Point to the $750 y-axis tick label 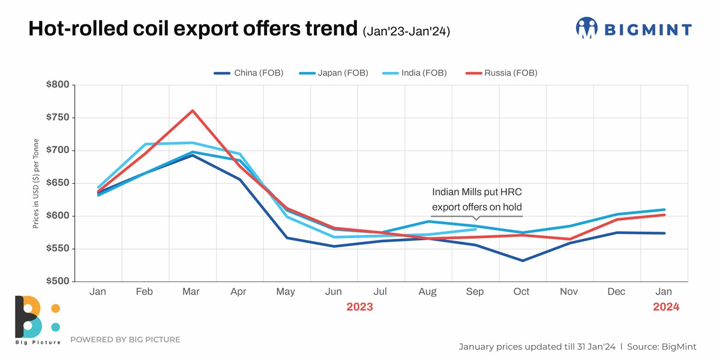pyautogui.click(x=58, y=118)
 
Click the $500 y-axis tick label pyautogui.click(x=58, y=281)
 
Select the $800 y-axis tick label pyautogui.click(x=58, y=85)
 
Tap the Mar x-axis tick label pyautogui.click(x=191, y=292)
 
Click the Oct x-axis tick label pyautogui.click(x=521, y=292)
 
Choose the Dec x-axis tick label pyautogui.click(x=616, y=292)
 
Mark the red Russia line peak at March pyautogui.click(x=192, y=110)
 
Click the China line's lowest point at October pyautogui.click(x=522, y=260)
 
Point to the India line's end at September pyautogui.click(x=475, y=229)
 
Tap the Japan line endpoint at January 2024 pyautogui.click(x=664, y=209)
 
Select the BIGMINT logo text pyautogui.click(x=647, y=29)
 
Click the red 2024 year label pyautogui.click(x=666, y=307)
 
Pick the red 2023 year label pyautogui.click(x=359, y=307)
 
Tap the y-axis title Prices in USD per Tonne pyautogui.click(x=36, y=184)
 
